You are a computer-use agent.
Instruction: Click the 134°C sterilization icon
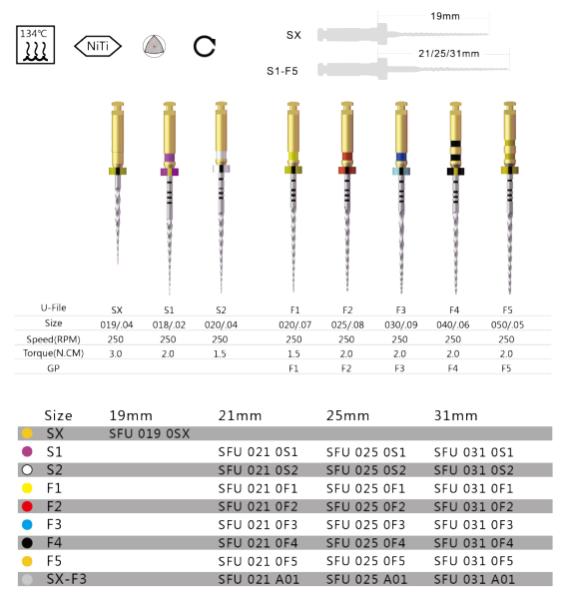pyautogui.click(x=35, y=45)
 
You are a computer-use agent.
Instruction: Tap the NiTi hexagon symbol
pyautogui.click(x=98, y=47)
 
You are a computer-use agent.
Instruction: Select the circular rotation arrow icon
pyautogui.click(x=205, y=47)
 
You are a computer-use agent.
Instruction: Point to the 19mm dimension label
pyautogui.click(x=445, y=16)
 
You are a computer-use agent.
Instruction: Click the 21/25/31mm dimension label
pyautogui.click(x=449, y=54)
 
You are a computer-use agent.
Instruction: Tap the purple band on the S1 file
pyautogui.click(x=170, y=158)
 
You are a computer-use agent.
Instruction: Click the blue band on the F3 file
pyautogui.click(x=401, y=157)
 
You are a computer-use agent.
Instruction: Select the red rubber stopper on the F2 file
pyautogui.click(x=347, y=170)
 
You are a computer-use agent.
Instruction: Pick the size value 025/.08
pyautogui.click(x=347, y=324)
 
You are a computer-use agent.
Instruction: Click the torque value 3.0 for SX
pyautogui.click(x=116, y=353)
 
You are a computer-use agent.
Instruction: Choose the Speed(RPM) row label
pyautogui.click(x=53, y=339)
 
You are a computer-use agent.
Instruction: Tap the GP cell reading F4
pyautogui.click(x=453, y=368)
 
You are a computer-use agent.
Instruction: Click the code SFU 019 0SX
pyautogui.click(x=149, y=433)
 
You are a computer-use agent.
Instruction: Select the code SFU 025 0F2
pyautogui.click(x=365, y=507)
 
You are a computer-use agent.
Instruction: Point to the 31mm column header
pyautogui.click(x=455, y=415)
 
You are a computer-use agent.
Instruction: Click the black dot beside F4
pyautogui.click(x=27, y=543)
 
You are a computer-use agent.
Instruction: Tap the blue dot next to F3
pyautogui.click(x=27, y=525)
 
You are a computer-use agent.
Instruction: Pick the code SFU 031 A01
pyautogui.click(x=474, y=579)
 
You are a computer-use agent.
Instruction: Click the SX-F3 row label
pyautogui.click(x=67, y=579)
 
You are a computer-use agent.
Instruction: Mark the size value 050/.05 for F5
pyautogui.click(x=507, y=324)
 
